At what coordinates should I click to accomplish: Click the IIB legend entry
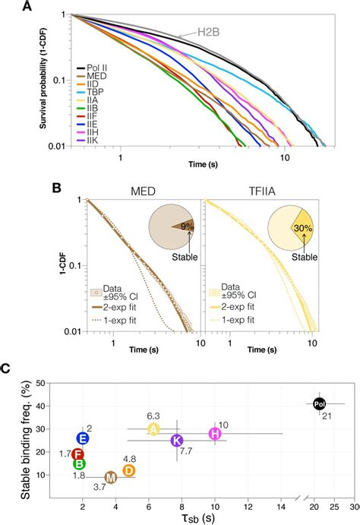click(x=86, y=109)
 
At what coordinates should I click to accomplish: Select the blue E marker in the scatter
click(x=83, y=438)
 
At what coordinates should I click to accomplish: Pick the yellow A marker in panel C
click(x=153, y=429)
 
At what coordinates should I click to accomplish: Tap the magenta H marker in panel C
click(x=215, y=434)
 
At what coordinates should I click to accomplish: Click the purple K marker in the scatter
click(x=176, y=441)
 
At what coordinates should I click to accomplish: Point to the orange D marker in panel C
click(x=129, y=471)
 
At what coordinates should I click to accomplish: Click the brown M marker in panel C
click(x=110, y=477)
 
